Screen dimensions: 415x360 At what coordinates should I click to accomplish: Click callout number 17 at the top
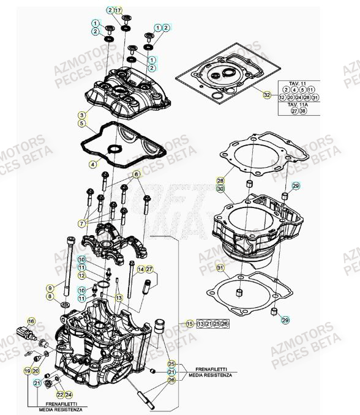(x=119, y=10)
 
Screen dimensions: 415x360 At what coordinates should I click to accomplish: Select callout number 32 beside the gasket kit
(x=266, y=95)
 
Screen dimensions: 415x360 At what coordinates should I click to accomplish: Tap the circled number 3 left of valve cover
(x=81, y=114)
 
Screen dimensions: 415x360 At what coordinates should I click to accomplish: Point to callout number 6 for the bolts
(x=138, y=174)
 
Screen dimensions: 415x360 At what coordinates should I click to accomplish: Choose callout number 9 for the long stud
(x=50, y=288)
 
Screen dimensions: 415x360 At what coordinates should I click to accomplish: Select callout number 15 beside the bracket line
(x=190, y=323)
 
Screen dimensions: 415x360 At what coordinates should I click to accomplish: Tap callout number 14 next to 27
(x=140, y=269)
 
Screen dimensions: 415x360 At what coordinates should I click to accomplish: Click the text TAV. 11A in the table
(x=297, y=105)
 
